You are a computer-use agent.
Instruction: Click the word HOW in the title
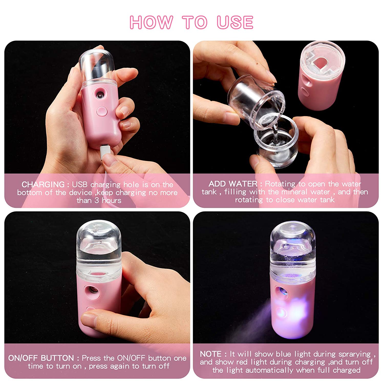coord(151,22)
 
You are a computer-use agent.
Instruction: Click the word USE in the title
coord(235,22)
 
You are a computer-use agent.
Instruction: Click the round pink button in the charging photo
coord(102,112)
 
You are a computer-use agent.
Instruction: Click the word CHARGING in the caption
coord(43,184)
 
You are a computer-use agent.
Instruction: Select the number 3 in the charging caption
coord(97,200)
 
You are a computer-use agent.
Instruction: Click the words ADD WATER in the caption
coord(233,184)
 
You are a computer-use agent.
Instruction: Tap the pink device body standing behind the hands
coord(317,87)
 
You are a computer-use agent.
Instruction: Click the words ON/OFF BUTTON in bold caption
coord(41,358)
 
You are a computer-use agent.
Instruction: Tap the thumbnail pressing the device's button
coord(88,320)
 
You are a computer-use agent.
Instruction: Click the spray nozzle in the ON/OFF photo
coord(93,290)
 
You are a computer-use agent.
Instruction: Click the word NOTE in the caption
coord(210,354)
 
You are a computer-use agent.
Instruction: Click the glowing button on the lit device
coord(281,313)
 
